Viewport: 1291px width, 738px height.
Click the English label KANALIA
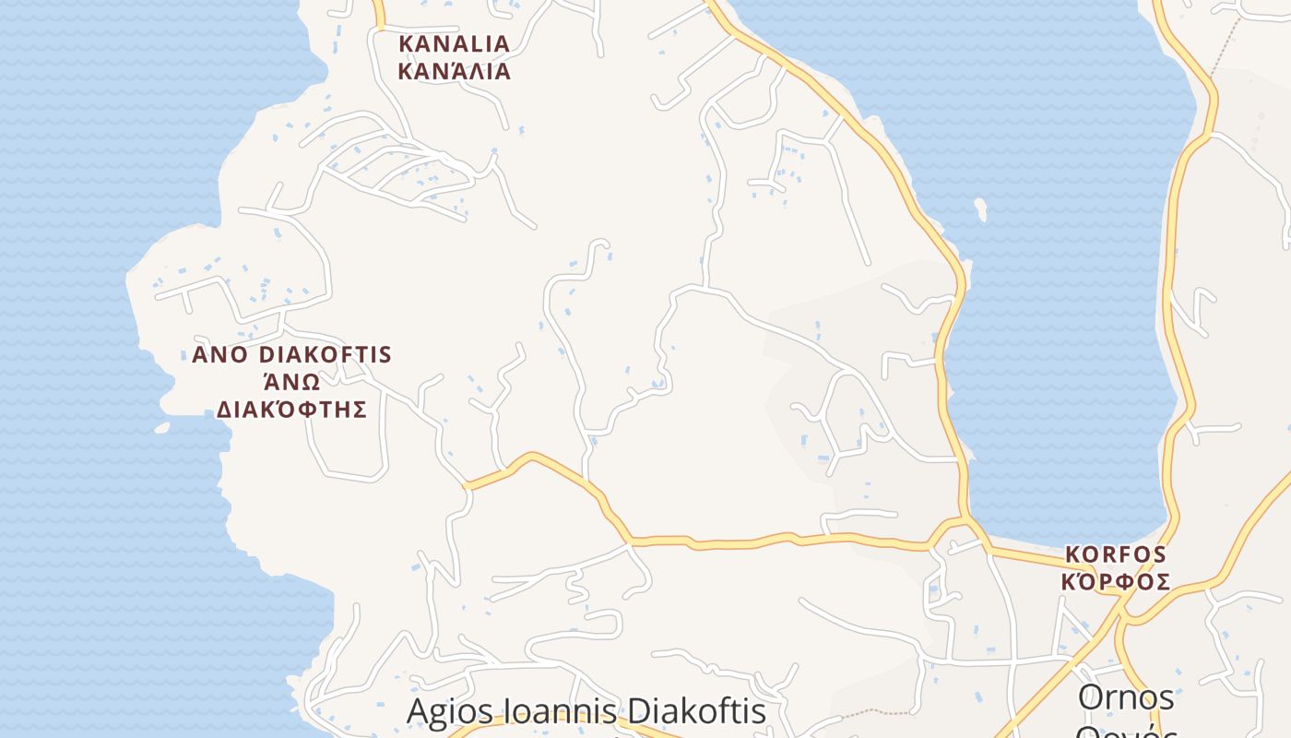tap(453, 43)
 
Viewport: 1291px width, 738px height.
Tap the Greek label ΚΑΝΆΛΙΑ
tap(453, 71)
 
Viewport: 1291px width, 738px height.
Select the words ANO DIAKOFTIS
tap(291, 355)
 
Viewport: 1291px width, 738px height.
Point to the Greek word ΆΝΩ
tap(291, 382)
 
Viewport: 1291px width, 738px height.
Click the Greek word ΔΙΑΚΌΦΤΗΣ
tap(291, 410)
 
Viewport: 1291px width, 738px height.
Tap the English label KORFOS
tap(1116, 555)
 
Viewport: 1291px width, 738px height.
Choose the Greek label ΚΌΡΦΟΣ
tap(1116, 582)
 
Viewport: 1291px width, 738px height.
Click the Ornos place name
tap(1126, 697)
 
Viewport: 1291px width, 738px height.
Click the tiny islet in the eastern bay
tap(979, 209)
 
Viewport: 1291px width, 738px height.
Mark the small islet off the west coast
tap(162, 427)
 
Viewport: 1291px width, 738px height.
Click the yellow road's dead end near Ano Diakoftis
tap(467, 485)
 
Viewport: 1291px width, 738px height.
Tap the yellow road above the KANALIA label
tap(377, 13)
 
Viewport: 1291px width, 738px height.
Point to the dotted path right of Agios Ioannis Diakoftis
tap(871, 712)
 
